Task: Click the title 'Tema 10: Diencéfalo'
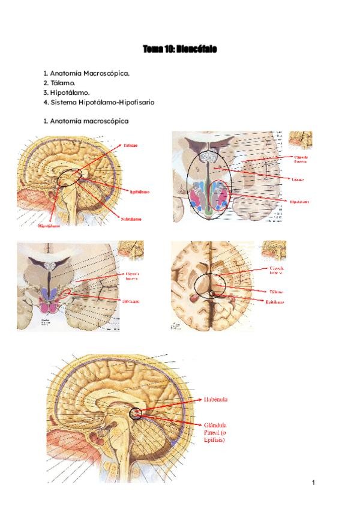click(179, 49)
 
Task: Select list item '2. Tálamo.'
click(60, 82)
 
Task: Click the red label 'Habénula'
click(216, 399)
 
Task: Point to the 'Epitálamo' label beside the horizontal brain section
click(275, 302)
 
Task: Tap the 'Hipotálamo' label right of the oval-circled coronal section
click(300, 202)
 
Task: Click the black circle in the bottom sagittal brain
click(135, 413)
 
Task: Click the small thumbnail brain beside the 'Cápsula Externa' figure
click(300, 140)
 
